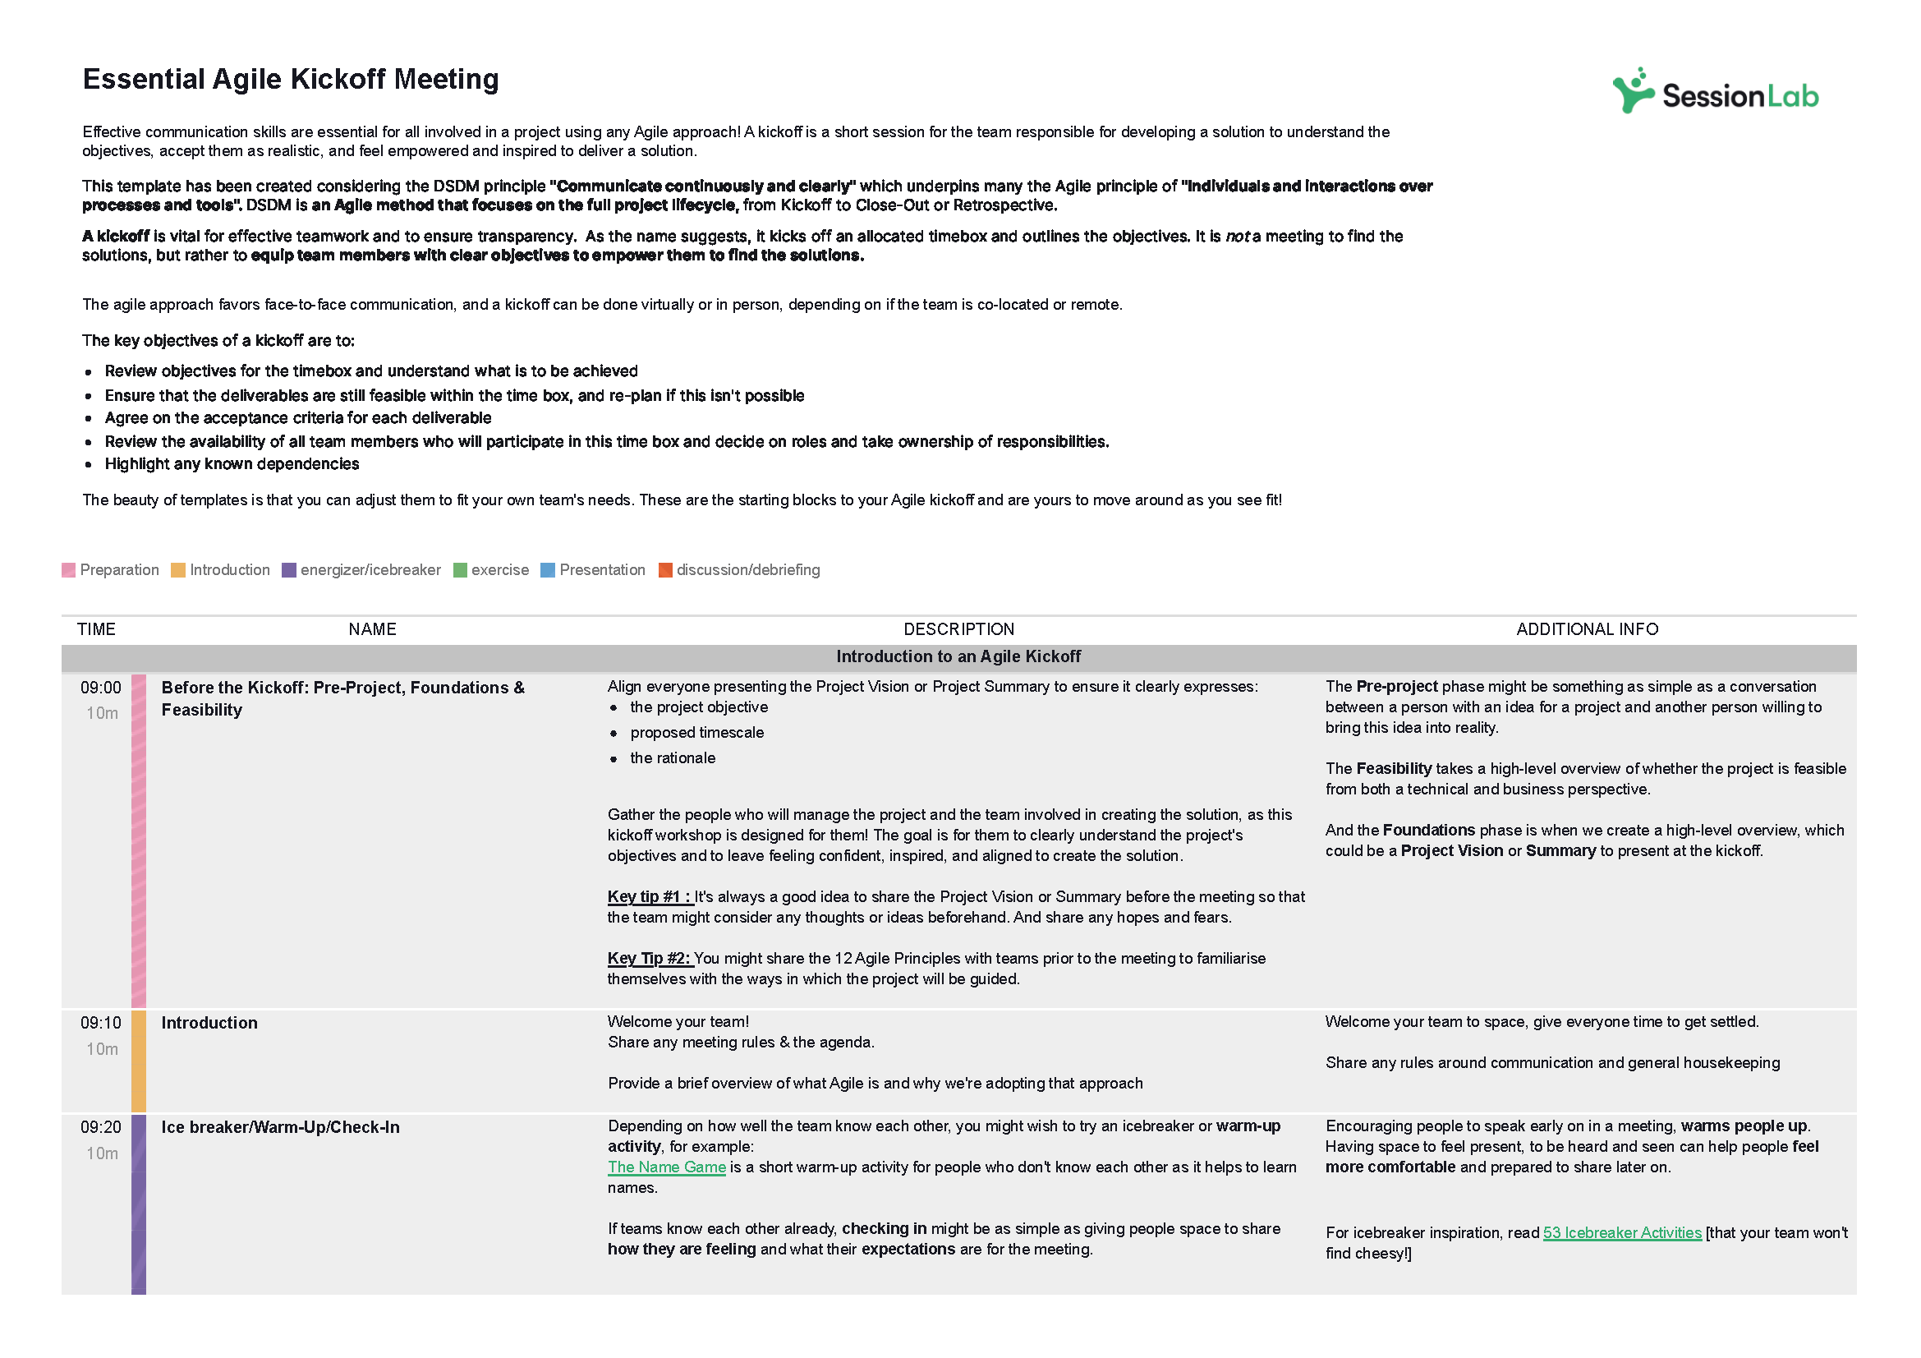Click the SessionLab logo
[x=1714, y=92]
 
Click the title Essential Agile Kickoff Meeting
[x=290, y=80]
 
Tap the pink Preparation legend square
[x=69, y=571]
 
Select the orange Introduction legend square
[x=177, y=571]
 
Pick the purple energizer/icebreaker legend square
[x=288, y=571]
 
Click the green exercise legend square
[x=459, y=571]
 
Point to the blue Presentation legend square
[x=547, y=571]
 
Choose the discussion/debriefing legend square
[x=665, y=571]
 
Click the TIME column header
[x=96, y=629]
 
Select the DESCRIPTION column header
[x=958, y=629]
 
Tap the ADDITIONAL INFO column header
[x=1587, y=629]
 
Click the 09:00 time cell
[x=100, y=688]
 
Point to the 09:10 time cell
[x=100, y=1024]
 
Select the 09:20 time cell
[x=100, y=1128]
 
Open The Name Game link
[x=666, y=1167]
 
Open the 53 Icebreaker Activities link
[x=1621, y=1233]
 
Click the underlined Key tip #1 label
[x=650, y=897]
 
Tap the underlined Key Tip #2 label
[x=650, y=959]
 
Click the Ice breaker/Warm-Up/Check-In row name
[x=280, y=1128]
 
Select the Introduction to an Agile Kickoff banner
[x=958, y=657]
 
